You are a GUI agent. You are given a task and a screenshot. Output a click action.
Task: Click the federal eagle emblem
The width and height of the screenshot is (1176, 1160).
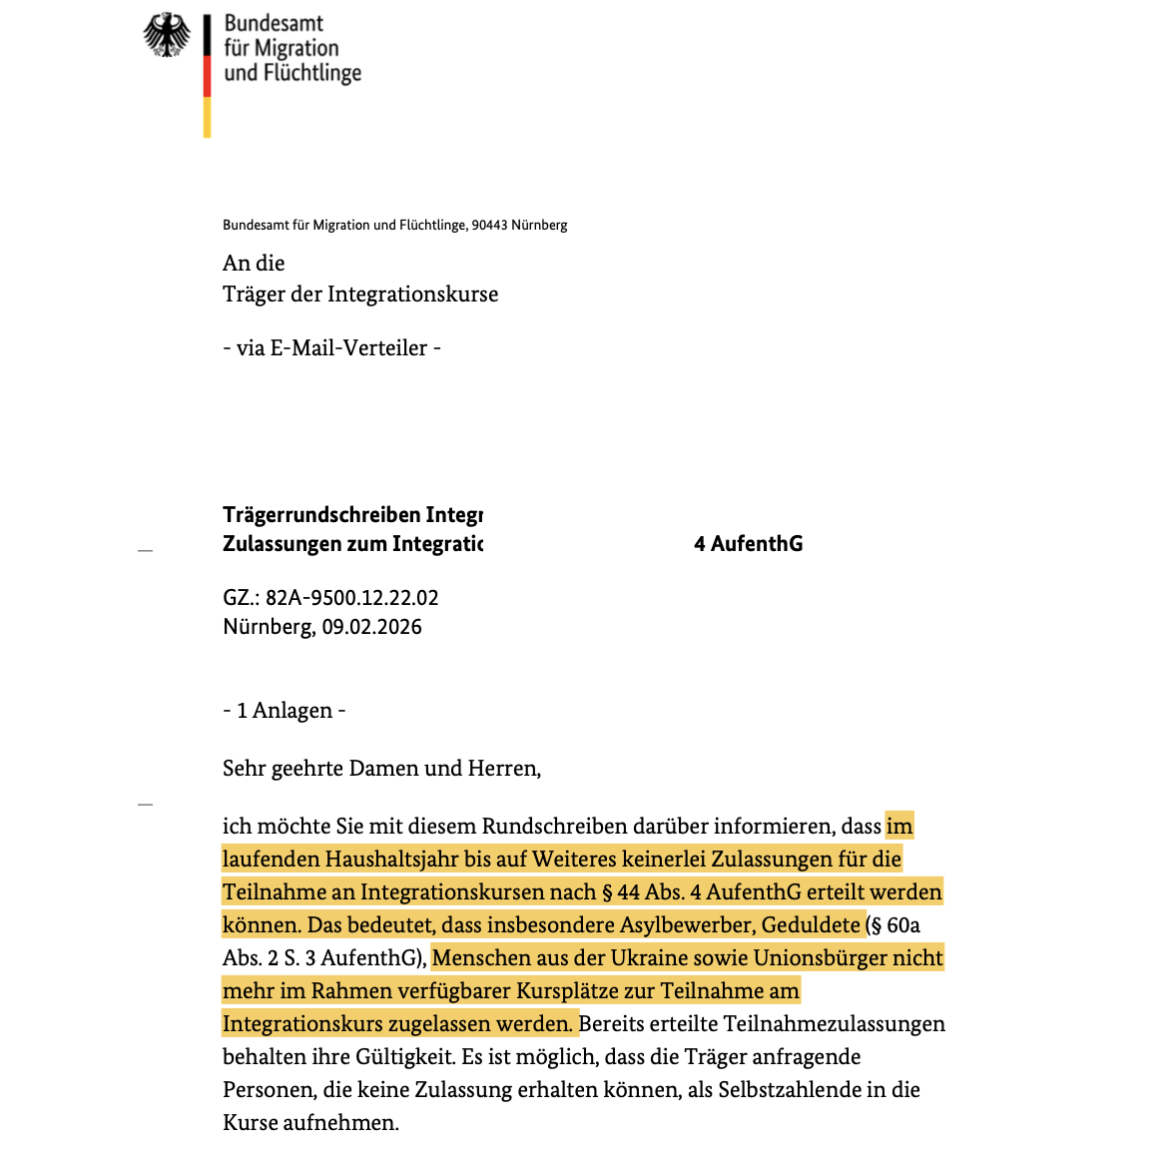[167, 34]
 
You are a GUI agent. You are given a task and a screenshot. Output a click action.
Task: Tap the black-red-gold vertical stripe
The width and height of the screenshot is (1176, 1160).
[207, 75]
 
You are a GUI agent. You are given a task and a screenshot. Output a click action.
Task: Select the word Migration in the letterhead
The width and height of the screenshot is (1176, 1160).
[296, 48]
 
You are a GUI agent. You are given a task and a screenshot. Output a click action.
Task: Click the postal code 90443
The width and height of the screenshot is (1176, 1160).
[489, 226]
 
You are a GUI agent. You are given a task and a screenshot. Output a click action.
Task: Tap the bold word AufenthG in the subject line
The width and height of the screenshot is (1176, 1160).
[757, 544]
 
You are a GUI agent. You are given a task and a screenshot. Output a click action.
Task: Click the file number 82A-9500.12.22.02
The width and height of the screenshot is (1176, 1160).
[351, 598]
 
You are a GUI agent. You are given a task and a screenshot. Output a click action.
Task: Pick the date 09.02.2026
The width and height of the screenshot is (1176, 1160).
[371, 627]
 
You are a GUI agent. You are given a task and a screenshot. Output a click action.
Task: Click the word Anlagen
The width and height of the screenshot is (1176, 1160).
[293, 711]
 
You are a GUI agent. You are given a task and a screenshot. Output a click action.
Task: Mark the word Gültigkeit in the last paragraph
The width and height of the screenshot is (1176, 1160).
[400, 1057]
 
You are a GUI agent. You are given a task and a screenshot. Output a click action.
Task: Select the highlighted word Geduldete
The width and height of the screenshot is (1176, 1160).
[811, 925]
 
